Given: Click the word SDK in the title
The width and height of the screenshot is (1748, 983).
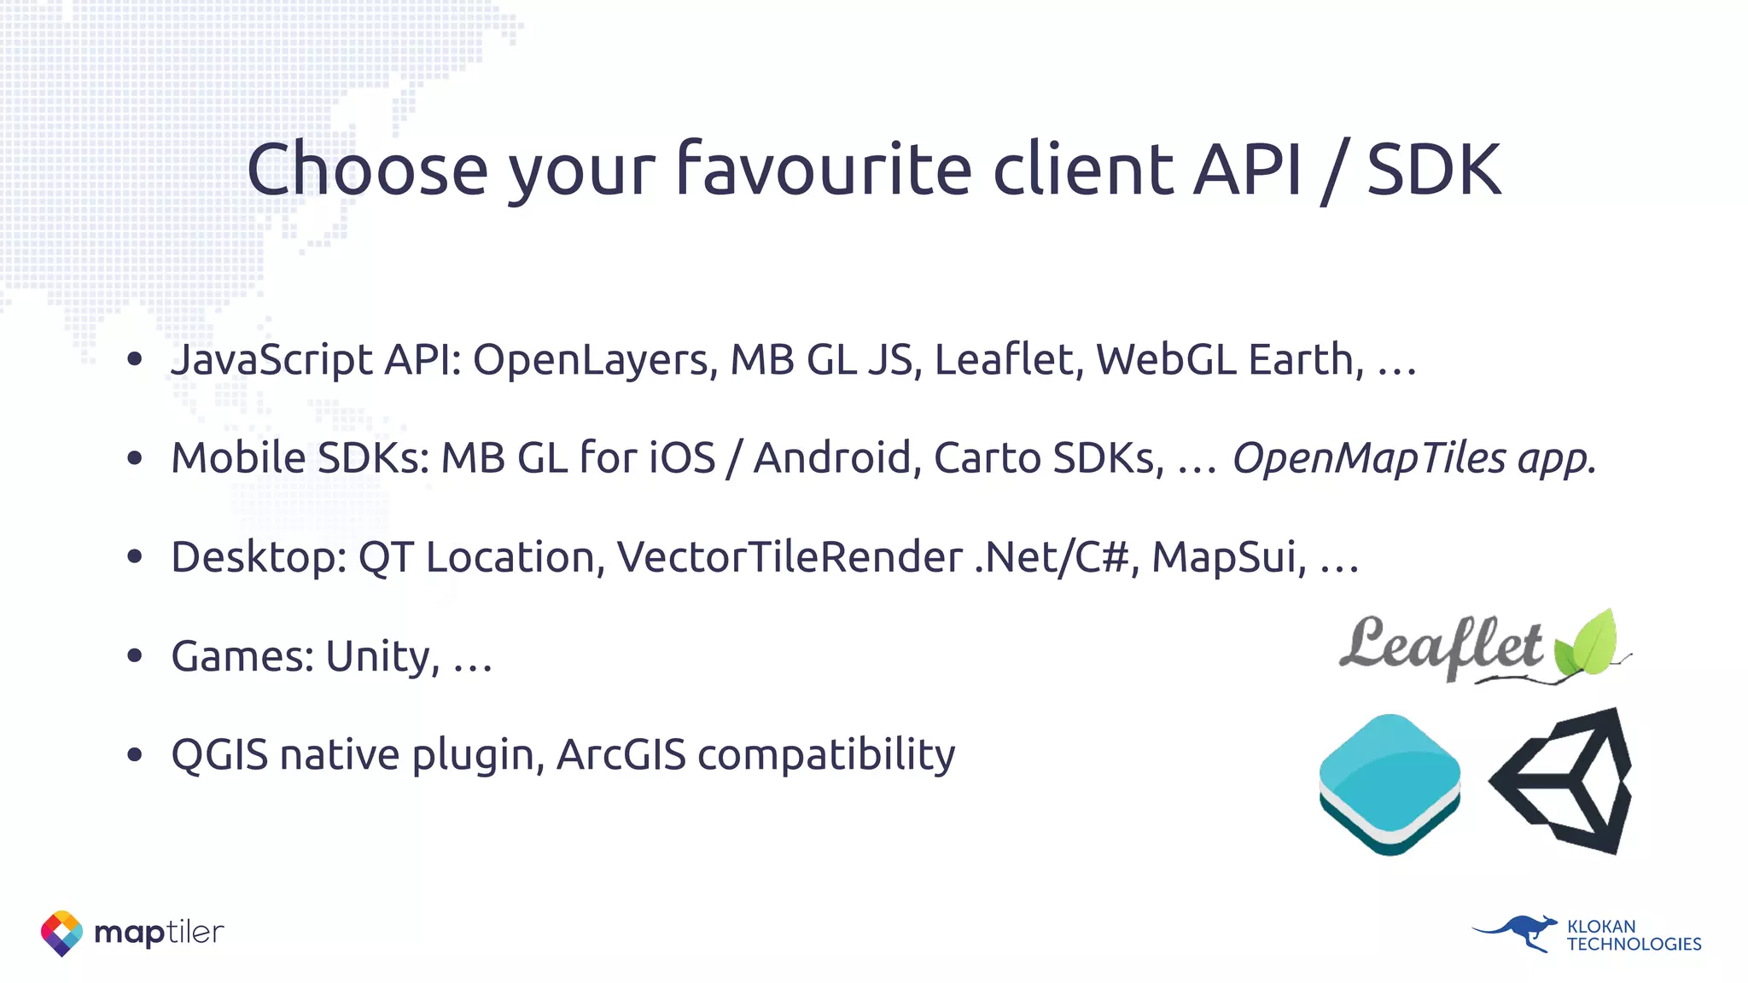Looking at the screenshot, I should point(1434,170).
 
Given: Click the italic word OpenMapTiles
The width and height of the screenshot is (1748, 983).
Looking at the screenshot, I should point(1369,458).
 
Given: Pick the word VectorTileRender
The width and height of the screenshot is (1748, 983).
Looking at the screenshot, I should point(790,557).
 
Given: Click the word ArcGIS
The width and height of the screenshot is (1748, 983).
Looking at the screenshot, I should point(621,755).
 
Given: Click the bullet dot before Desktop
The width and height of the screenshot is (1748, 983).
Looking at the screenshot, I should point(134,557).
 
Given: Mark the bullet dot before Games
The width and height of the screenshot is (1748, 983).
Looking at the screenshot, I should point(134,656).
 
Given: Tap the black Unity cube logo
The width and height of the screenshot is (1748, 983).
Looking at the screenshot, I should point(1561,781).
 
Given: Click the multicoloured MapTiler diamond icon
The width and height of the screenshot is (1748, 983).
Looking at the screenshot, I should point(61,933).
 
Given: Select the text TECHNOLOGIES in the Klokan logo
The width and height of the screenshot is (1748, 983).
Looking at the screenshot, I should point(1634,945).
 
